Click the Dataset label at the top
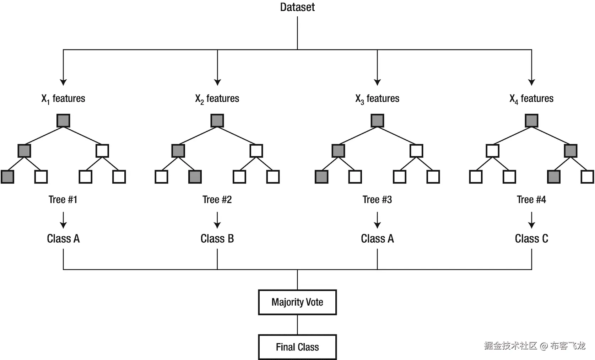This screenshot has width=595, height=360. coord(297,7)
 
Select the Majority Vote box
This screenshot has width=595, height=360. coord(297,302)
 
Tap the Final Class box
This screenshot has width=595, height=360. coord(297,347)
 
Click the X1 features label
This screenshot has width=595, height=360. coord(63,98)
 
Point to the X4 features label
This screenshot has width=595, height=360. coord(531,98)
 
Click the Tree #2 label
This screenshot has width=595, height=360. coord(217,200)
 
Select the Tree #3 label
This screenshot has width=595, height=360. coord(377,200)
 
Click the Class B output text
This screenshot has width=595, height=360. coord(217,238)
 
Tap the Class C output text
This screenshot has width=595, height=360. coord(531,238)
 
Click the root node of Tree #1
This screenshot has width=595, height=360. coord(63,120)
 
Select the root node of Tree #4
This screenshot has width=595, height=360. coord(531,120)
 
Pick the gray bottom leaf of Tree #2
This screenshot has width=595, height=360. coord(195,177)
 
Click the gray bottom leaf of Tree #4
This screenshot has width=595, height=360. coord(554,177)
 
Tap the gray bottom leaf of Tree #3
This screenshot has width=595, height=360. coord(321,177)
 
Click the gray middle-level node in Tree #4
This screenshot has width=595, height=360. coord(570,151)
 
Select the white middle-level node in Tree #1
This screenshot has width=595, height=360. coord(102,151)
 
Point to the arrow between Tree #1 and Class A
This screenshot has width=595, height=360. coord(63,220)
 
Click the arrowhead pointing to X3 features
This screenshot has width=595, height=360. coord(377,82)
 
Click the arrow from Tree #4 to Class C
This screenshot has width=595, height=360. coord(531,220)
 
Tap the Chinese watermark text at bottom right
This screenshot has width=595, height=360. coord(535,345)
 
